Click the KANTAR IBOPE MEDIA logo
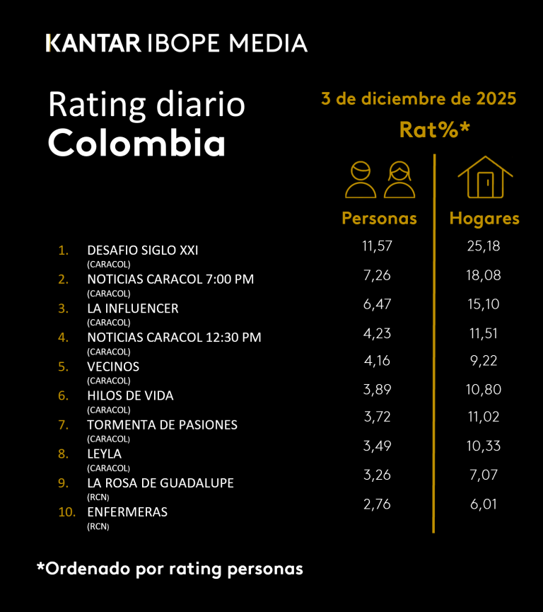coord(177,43)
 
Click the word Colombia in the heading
coord(136,144)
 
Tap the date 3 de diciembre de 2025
coord(419,99)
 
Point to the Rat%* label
coord(435,129)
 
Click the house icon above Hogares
coord(484,178)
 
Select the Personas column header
coord(379,218)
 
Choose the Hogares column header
coord(484,218)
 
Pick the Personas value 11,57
coord(378,246)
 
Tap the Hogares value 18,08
coord(482,275)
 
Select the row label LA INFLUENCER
coord(133,308)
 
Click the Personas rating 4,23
coord(378,333)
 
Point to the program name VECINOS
coord(113,366)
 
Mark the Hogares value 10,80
coord(482,390)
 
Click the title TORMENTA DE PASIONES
coord(162,425)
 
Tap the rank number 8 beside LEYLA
coord(63,454)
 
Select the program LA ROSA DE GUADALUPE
coord(160,483)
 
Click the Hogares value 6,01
coord(482,504)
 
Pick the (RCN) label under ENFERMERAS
coord(98,526)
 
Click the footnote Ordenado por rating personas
coord(170,568)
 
